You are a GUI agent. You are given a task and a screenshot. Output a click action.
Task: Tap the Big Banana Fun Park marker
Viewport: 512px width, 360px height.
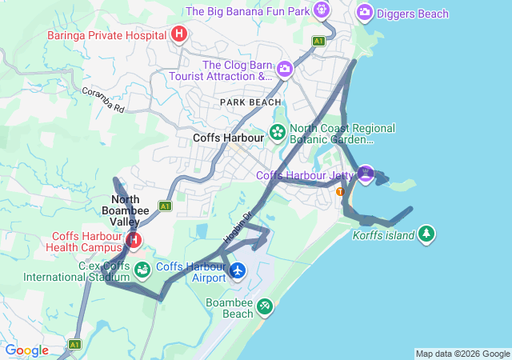(322, 10)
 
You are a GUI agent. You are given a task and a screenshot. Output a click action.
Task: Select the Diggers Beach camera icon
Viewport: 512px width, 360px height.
(365, 12)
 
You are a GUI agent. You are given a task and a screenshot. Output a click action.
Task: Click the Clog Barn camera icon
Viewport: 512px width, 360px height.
(284, 70)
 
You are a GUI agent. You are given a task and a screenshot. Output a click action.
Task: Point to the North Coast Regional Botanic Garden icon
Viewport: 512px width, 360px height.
(278, 132)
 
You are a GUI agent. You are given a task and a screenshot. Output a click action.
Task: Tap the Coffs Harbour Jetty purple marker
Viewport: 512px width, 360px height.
(366, 174)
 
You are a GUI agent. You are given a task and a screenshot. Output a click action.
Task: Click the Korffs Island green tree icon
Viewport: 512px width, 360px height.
(428, 234)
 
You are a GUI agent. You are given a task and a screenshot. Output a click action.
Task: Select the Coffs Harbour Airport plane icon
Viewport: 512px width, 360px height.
(238, 271)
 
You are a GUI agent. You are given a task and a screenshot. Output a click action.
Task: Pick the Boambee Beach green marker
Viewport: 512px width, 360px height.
(264, 306)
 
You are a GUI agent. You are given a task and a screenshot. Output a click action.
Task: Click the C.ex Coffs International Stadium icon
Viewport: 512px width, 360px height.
(142, 270)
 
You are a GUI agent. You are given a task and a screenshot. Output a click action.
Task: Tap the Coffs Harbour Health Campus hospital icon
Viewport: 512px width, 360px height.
(134, 239)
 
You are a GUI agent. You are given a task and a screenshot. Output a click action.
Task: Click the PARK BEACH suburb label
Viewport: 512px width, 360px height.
(251, 102)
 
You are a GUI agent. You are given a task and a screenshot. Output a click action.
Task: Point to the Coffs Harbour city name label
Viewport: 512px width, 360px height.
(228, 138)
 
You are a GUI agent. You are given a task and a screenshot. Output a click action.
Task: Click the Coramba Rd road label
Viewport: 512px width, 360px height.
(103, 99)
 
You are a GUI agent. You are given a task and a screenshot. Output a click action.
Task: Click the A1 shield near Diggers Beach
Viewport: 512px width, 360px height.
(319, 41)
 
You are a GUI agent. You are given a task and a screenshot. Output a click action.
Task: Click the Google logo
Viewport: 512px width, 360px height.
(27, 350)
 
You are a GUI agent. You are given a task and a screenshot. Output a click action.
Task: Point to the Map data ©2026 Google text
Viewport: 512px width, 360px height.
(462, 354)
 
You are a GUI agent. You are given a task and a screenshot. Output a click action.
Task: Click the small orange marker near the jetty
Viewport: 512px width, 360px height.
(341, 191)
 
